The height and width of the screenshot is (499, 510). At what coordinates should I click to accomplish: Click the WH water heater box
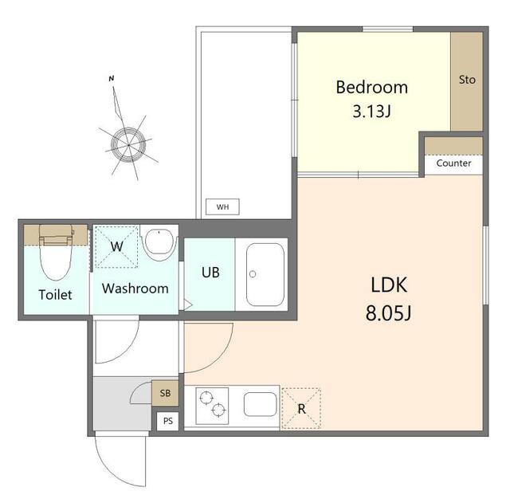coord(223,207)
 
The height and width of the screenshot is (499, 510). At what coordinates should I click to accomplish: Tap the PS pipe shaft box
coord(168,421)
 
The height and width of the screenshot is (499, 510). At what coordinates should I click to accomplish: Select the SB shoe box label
coord(165,393)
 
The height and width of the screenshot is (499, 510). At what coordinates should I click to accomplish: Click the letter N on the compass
coord(112,78)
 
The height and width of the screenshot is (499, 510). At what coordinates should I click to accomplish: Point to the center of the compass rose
coord(128,145)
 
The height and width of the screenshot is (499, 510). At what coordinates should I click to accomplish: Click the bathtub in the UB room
coord(265,275)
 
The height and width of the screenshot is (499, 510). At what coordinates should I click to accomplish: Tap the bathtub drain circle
coord(253,274)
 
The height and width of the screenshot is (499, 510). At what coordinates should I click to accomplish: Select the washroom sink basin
coord(159,244)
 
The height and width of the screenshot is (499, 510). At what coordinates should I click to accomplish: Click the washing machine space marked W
coord(116,246)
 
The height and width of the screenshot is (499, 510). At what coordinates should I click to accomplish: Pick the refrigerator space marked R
coord(301,409)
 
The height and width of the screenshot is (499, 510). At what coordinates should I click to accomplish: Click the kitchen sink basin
coord(261,404)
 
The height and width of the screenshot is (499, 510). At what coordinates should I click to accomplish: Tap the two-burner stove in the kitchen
coord(212,406)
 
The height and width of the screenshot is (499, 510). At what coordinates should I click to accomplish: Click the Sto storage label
coord(467,80)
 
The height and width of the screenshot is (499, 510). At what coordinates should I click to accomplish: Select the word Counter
coord(453,163)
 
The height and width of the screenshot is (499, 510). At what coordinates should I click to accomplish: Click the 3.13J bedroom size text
coord(371,112)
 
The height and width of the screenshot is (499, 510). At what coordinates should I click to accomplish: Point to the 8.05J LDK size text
coord(388,313)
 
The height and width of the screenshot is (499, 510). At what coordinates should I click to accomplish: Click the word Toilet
coord(55,295)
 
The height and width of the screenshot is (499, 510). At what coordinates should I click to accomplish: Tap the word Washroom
coord(135,289)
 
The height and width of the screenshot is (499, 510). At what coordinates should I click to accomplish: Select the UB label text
coord(210,273)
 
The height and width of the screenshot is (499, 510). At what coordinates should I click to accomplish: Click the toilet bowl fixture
coord(56,253)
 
